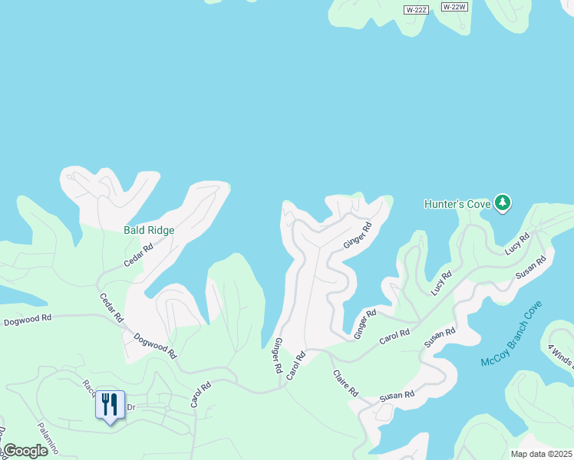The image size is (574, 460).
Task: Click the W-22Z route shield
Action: (x=416, y=9)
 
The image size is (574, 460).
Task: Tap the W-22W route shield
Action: (x=454, y=7)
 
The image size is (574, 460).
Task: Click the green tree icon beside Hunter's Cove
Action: (x=503, y=203)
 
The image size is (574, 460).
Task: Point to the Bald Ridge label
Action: (x=149, y=230)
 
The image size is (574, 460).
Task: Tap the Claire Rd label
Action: (x=345, y=383)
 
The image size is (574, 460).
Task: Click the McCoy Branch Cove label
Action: (x=511, y=333)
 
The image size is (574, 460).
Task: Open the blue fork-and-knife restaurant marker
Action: (x=109, y=405)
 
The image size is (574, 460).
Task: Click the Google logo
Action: (x=25, y=451)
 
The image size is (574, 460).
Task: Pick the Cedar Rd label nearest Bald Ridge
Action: (x=139, y=255)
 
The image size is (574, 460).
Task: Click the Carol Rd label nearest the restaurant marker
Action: (x=200, y=394)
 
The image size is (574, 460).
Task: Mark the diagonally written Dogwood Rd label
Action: (x=155, y=346)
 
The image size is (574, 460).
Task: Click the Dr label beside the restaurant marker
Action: (x=130, y=407)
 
